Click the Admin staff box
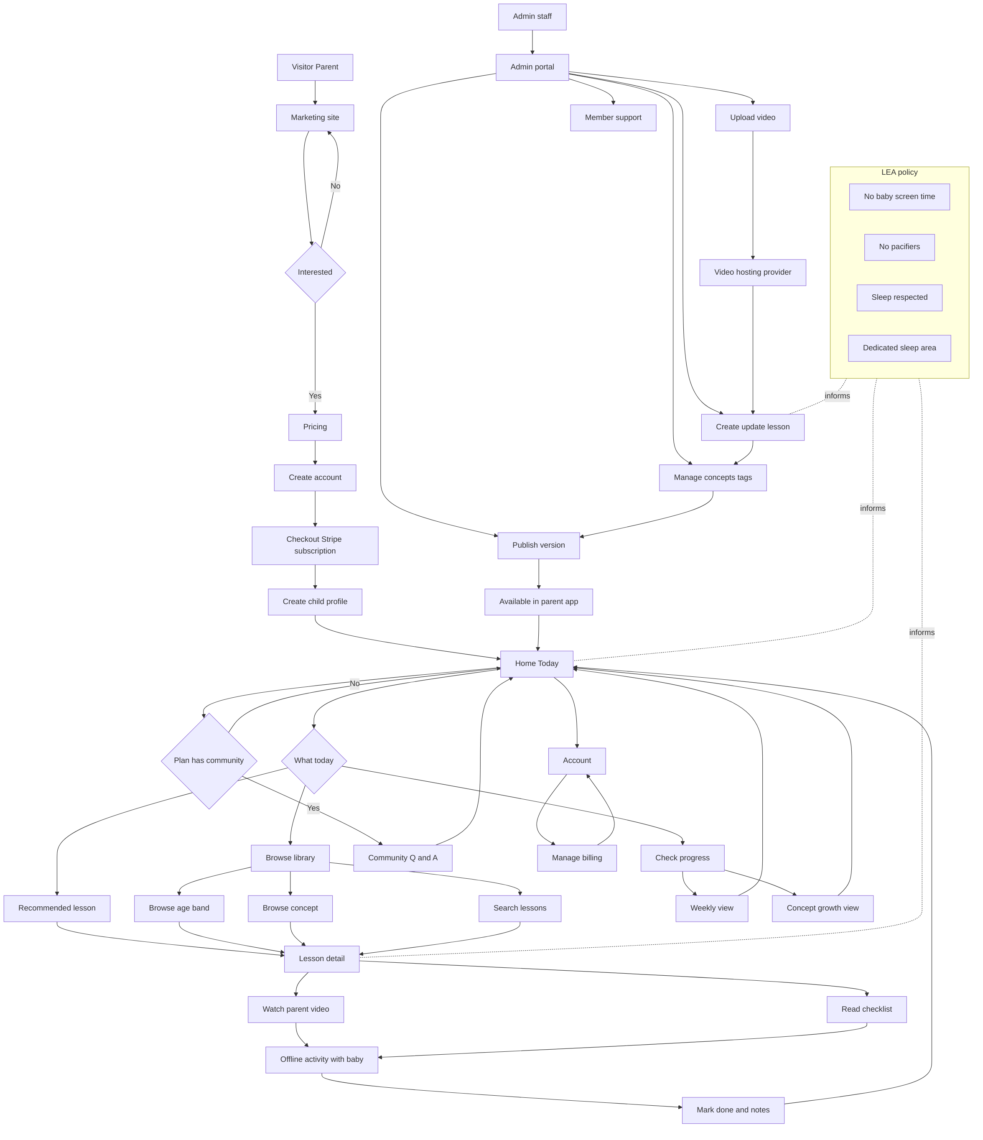pyautogui.click(x=532, y=16)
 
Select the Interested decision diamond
pyautogui.click(x=315, y=272)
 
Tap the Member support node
pyautogui.click(x=613, y=118)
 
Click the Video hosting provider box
pyautogui.click(x=753, y=272)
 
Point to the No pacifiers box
pyautogui.click(x=899, y=247)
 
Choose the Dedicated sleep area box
pyautogui.click(x=899, y=348)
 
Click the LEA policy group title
pyautogui.click(x=899, y=172)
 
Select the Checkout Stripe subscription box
pyautogui.click(x=315, y=545)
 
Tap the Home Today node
pyautogui.click(x=536, y=663)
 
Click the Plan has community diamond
pyautogui.click(x=209, y=760)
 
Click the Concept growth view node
pyautogui.click(x=823, y=908)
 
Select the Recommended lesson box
pyautogui.click(x=57, y=908)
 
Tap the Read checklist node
pyautogui.click(x=866, y=1009)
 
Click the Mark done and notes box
pyautogui.click(x=733, y=1110)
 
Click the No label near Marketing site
pyautogui.click(x=336, y=186)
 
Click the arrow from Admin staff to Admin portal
pyautogui.click(x=532, y=42)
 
